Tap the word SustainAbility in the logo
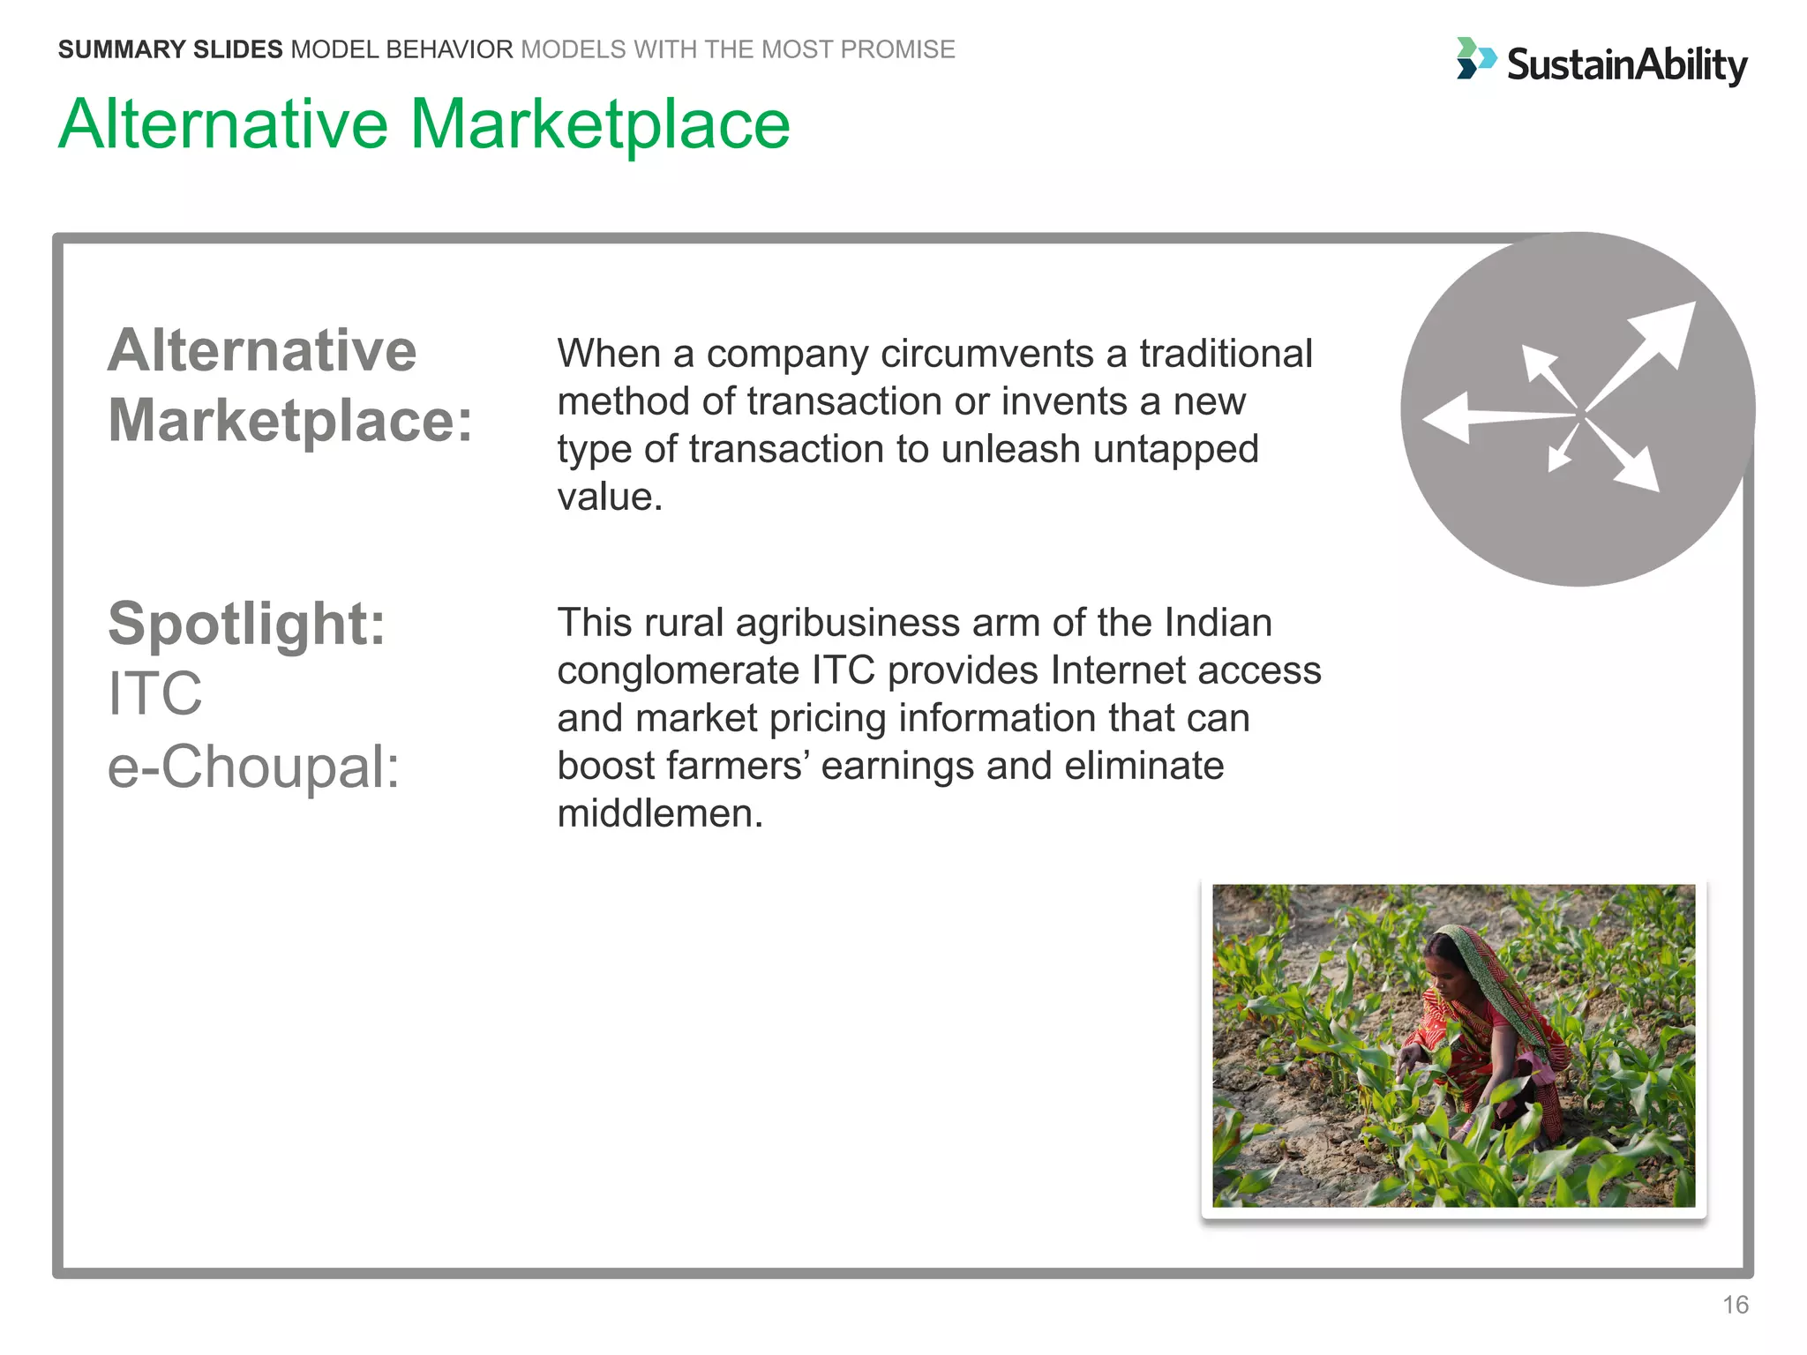click(1626, 65)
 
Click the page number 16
click(1735, 1305)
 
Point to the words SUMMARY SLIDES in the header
click(170, 49)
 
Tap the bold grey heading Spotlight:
click(246, 624)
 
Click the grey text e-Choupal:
click(253, 766)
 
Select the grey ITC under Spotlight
click(154, 693)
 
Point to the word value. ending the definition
click(610, 497)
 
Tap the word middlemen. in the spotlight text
click(659, 813)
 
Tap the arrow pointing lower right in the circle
click(1628, 461)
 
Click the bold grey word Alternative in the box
click(262, 350)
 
